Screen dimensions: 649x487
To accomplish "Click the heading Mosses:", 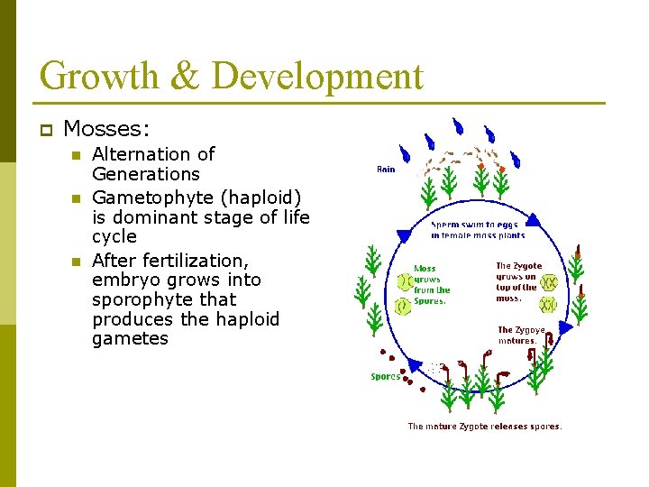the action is click(x=102, y=129).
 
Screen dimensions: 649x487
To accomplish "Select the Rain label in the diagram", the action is click(x=385, y=169).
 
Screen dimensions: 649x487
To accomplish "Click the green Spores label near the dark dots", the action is click(x=385, y=377).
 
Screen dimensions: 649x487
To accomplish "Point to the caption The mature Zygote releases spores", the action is click(x=485, y=427).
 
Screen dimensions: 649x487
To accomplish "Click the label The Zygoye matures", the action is click(x=521, y=335).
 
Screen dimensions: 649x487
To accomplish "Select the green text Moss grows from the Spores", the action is click(x=431, y=285).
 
